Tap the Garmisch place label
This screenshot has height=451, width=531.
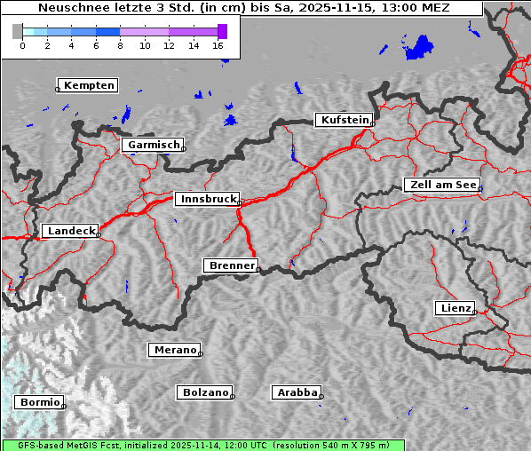pyautogui.click(x=154, y=145)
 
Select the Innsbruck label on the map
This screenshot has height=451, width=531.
pyautogui.click(x=207, y=200)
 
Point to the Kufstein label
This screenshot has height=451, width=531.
pyautogui.click(x=344, y=120)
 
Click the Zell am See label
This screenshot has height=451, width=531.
pyautogui.click(x=441, y=185)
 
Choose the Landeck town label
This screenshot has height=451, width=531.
pyautogui.click(x=70, y=231)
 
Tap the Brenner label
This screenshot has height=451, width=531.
pyautogui.click(x=232, y=265)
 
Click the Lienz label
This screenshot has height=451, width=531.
pyautogui.click(x=456, y=308)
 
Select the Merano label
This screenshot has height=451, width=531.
pyautogui.click(x=174, y=350)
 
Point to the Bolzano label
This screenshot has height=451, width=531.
pyautogui.click(x=206, y=392)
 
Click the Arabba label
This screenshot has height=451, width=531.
pyautogui.click(x=297, y=392)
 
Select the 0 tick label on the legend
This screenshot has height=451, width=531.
pyautogui.click(x=22, y=45)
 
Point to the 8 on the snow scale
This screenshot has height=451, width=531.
pyautogui.click(x=120, y=45)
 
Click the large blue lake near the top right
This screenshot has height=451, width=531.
pyautogui.click(x=418, y=47)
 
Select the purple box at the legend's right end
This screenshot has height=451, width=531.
pyautogui.click(x=222, y=31)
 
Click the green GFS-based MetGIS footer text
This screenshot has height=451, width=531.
pyautogui.click(x=202, y=445)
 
